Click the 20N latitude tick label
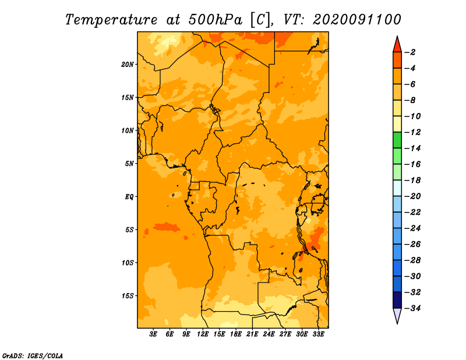[127, 65]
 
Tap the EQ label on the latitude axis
[129, 197]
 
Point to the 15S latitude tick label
[127, 296]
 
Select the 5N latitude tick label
[129, 164]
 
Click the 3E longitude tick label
[153, 334]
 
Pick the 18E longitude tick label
[235, 334]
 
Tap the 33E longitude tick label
[318, 334]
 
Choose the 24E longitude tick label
[269, 334]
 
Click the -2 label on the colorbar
[410, 52]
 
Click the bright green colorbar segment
[397, 140]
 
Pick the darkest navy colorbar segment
[397, 300]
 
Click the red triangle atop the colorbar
[397, 45]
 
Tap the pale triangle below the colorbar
[397, 315]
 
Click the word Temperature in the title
[111, 20]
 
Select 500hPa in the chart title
[215, 20]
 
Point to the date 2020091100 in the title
[357, 20]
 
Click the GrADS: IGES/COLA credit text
[33, 356]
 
